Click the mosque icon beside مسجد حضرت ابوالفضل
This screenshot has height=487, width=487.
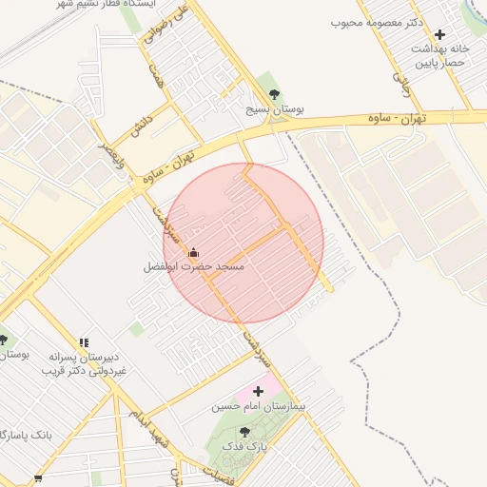(x=193, y=253)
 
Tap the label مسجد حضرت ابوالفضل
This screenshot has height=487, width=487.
(x=194, y=268)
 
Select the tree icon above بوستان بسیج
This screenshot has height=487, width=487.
(x=275, y=94)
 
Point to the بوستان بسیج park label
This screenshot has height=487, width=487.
(x=275, y=110)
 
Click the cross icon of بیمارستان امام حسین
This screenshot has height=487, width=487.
(x=257, y=391)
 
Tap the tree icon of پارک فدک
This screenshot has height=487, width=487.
(x=244, y=433)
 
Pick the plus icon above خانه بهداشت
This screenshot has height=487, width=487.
(x=439, y=34)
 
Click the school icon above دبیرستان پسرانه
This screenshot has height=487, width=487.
(x=84, y=341)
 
